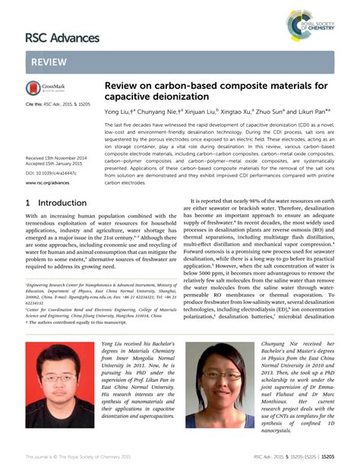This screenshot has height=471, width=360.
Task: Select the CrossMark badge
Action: (47, 87)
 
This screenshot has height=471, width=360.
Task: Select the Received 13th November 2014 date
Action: (56, 157)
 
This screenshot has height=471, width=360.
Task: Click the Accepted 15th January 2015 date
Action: (55, 163)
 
